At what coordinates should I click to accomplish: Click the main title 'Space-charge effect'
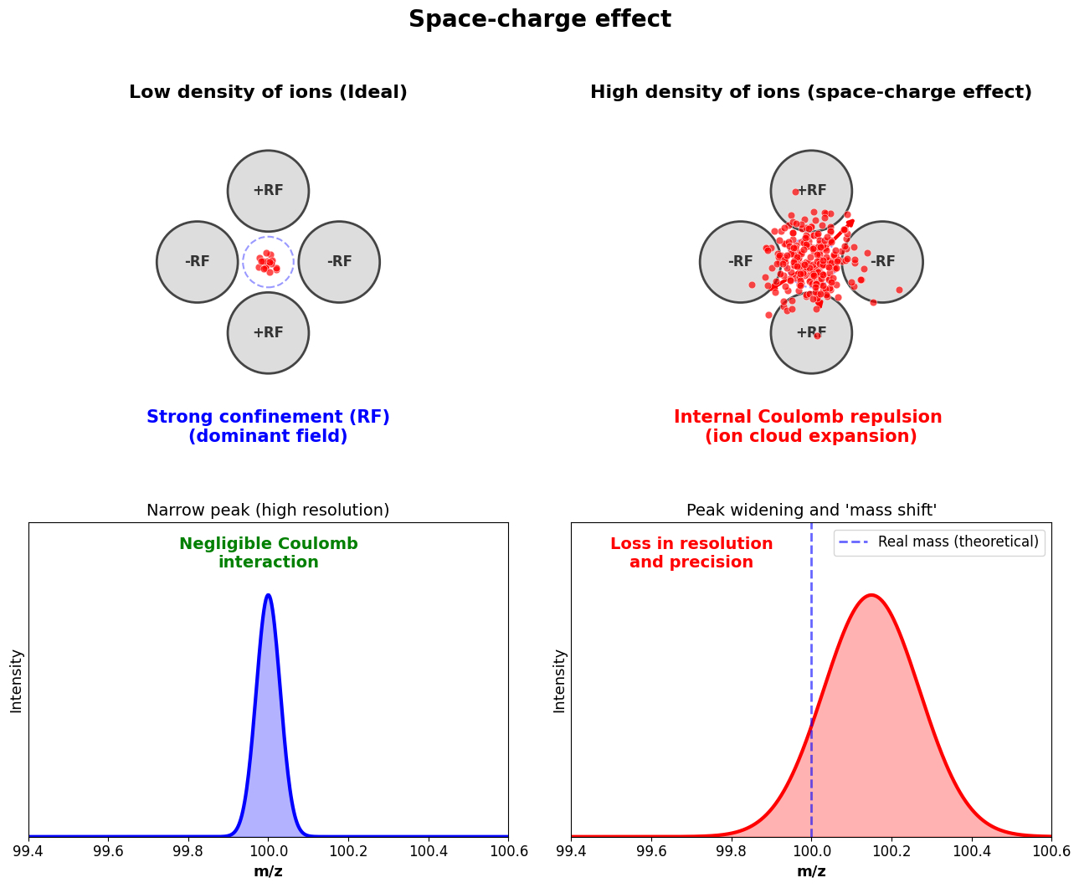pyautogui.click(x=539, y=19)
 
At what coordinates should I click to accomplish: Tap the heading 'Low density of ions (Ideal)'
pyautogui.click(x=268, y=93)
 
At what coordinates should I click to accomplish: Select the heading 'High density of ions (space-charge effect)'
pyautogui.click(x=810, y=93)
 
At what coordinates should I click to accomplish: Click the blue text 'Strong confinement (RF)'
pyautogui.click(x=268, y=417)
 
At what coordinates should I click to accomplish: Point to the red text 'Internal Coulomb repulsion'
pyautogui.click(x=808, y=417)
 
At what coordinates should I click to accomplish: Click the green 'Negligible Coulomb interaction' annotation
pyautogui.click(x=268, y=553)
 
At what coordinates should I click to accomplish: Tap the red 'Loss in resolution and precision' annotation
pyautogui.click(x=691, y=553)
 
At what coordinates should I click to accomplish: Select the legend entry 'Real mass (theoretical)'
pyautogui.click(x=958, y=542)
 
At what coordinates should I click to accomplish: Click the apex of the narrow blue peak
pyautogui.click(x=268, y=595)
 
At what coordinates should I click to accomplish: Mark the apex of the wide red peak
pyautogui.click(x=871, y=595)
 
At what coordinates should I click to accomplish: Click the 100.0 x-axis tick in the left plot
pyautogui.click(x=268, y=851)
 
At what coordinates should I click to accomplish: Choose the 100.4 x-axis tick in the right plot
pyautogui.click(x=971, y=851)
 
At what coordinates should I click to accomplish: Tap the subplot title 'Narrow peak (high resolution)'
pyautogui.click(x=268, y=511)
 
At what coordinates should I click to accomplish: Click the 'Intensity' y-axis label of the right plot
pyautogui.click(x=559, y=680)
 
